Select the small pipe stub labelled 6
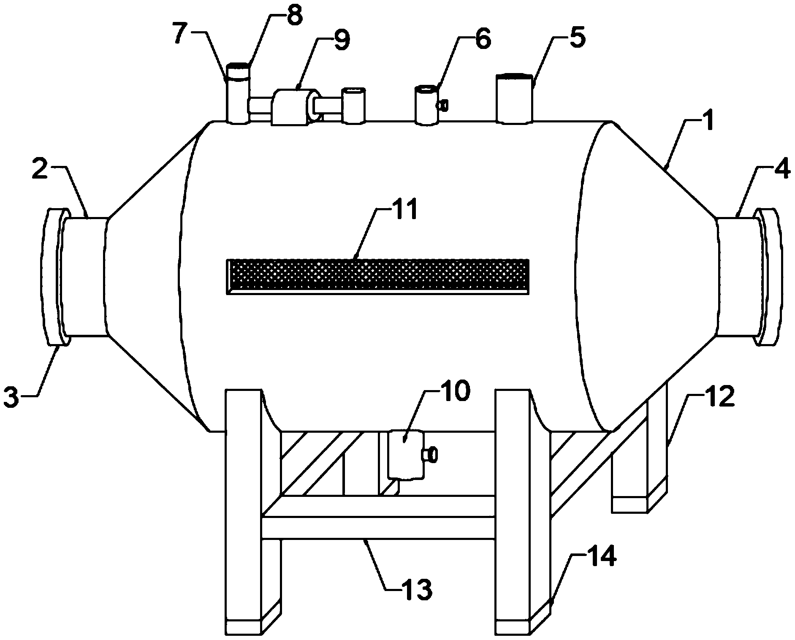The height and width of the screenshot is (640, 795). click(x=426, y=105)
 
